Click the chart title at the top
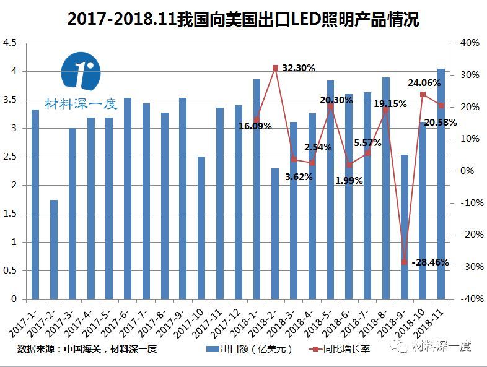click(243, 20)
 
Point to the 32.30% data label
click(299, 67)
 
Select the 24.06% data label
click(424, 82)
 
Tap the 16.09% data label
click(255, 126)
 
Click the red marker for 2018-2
click(275, 68)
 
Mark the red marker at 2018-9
click(404, 262)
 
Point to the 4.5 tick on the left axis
click(11, 43)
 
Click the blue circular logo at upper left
click(81, 72)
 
